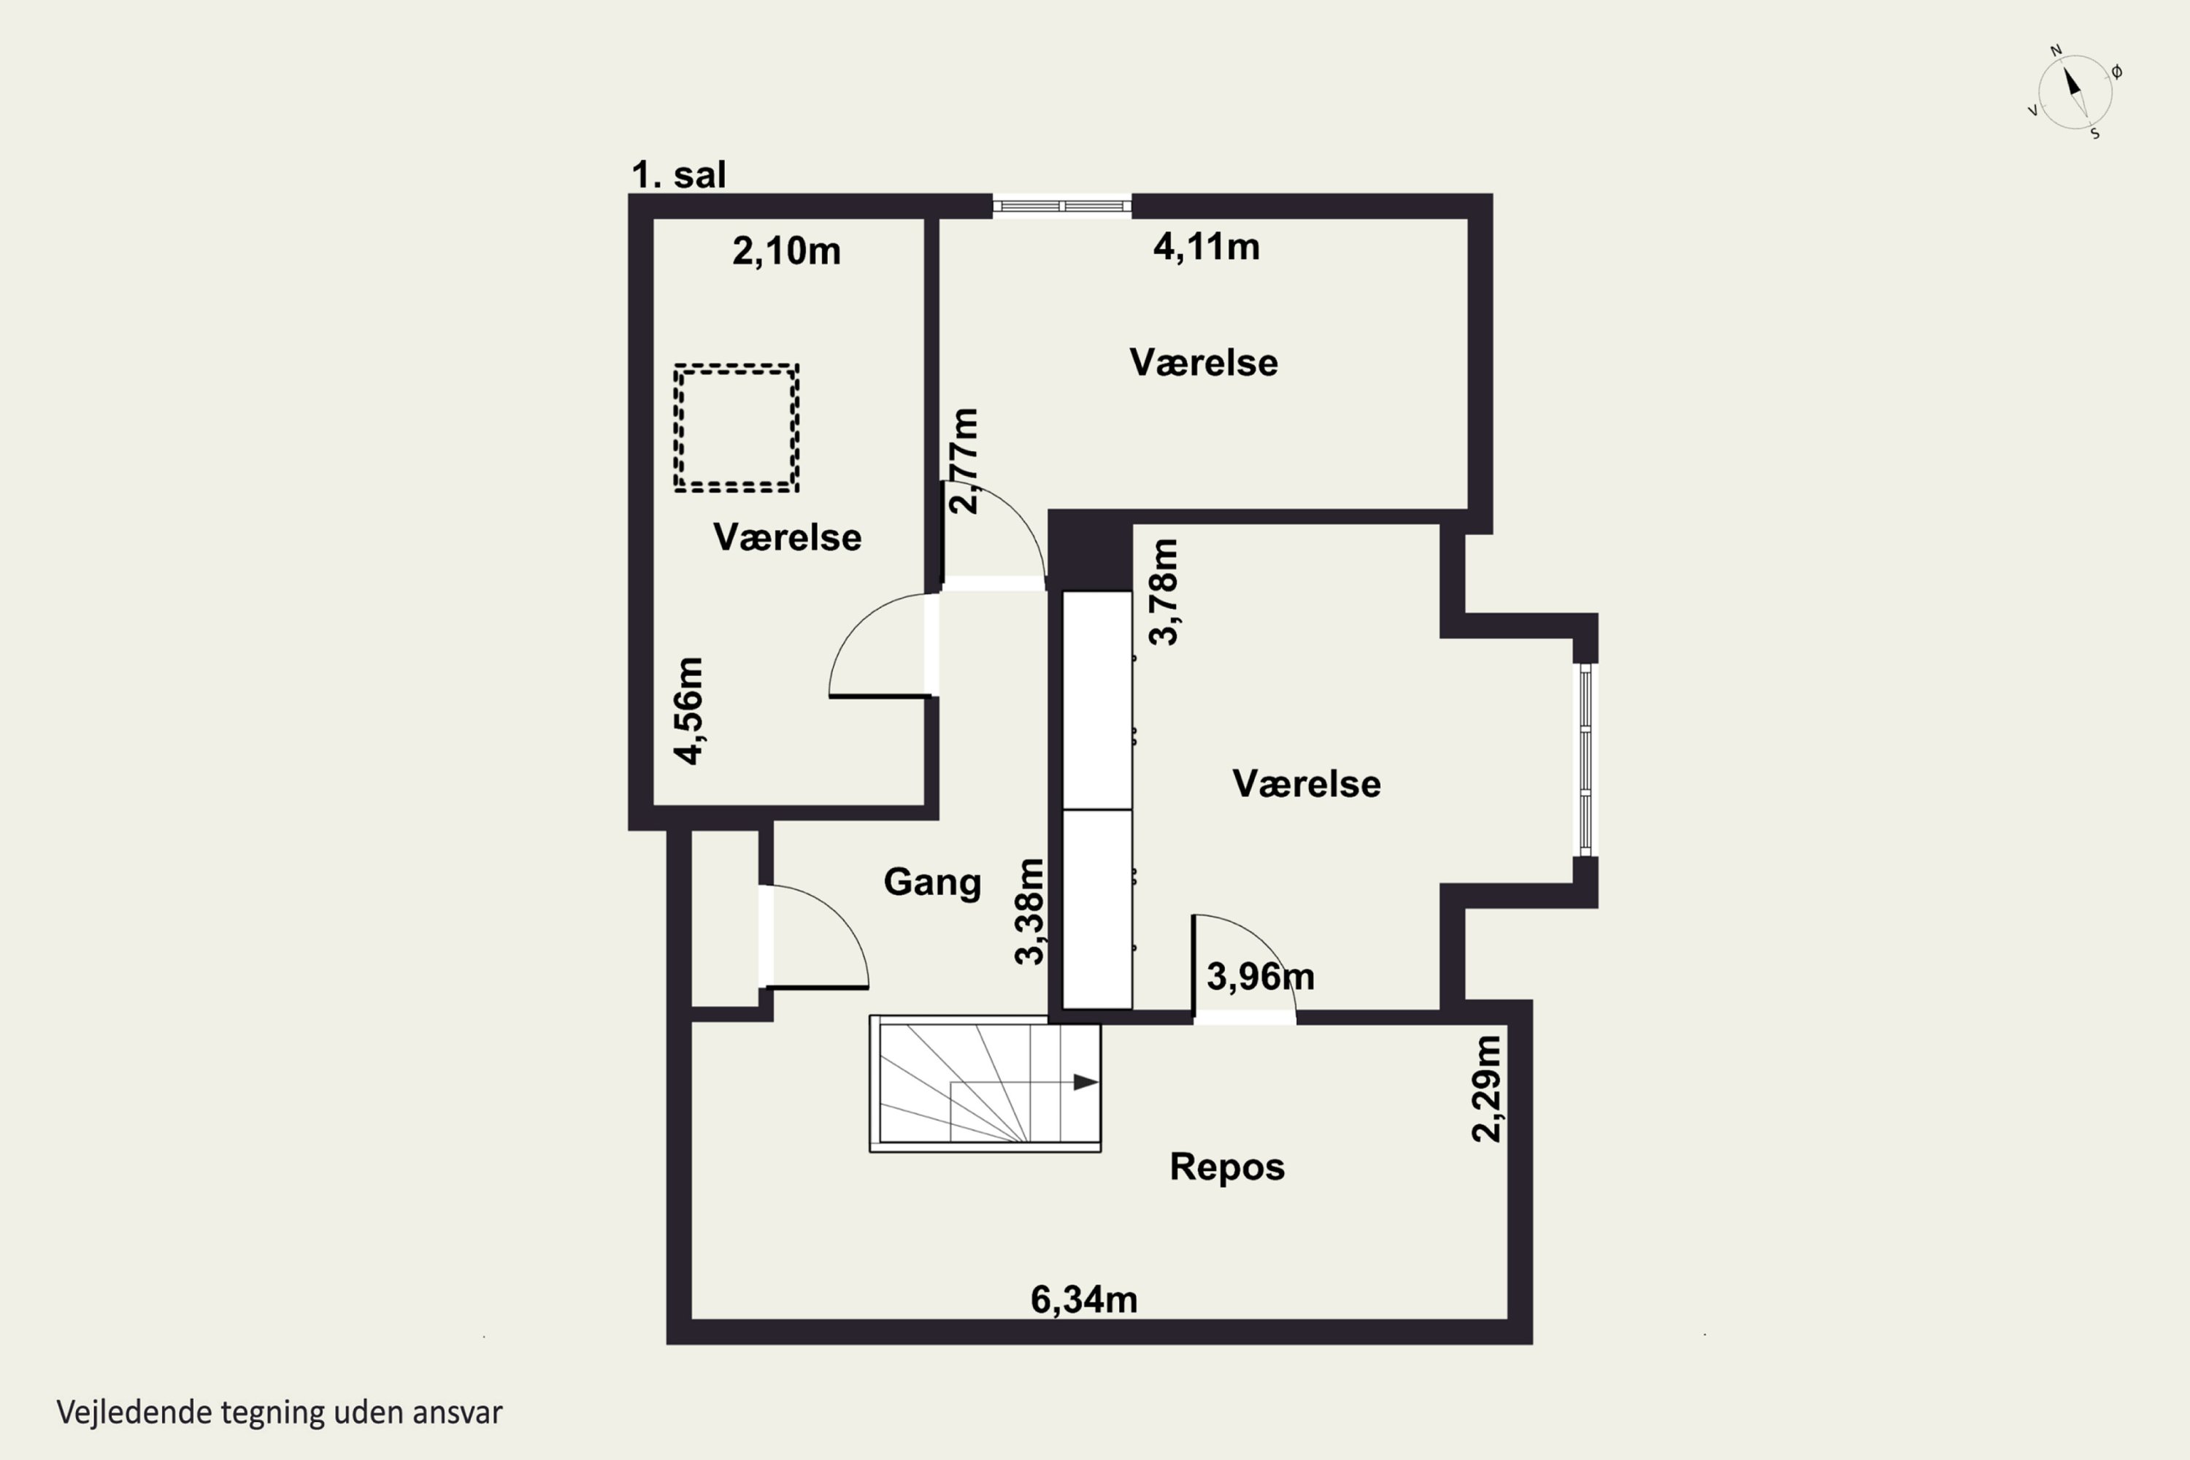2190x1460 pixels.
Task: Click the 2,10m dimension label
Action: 786,251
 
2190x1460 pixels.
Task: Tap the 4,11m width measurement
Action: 1206,247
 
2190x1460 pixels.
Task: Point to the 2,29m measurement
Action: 1486,1088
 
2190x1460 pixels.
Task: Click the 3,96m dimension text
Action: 1261,977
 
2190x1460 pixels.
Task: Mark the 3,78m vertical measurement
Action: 1164,592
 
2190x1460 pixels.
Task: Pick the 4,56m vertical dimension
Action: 689,711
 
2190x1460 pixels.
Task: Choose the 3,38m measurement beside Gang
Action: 1030,912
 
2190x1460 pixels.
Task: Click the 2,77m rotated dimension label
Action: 964,461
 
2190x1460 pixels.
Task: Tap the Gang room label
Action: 932,882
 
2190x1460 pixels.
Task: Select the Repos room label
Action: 1227,1167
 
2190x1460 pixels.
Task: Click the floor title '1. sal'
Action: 678,175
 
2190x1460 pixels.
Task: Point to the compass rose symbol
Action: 2074,91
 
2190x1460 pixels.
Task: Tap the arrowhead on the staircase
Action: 1086,1082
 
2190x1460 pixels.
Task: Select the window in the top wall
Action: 1061,206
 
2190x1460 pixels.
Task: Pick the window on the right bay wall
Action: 1585,759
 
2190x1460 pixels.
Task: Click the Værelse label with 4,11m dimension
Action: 1203,363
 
